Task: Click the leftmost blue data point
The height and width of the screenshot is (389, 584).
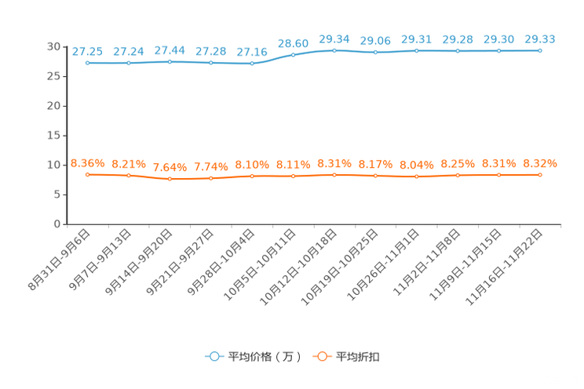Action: coord(88,63)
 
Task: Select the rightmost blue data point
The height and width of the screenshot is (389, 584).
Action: coord(540,50)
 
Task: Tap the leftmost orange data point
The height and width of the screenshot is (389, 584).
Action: coord(88,174)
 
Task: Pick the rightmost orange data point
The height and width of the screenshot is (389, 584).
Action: coord(540,174)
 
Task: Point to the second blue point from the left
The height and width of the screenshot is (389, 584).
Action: coord(129,63)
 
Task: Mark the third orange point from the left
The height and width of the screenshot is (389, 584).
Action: coord(170,179)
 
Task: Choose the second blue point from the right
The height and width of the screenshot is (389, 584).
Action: coord(499,51)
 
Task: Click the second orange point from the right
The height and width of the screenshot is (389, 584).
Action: coord(499,175)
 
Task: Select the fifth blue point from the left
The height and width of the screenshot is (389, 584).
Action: coord(252,64)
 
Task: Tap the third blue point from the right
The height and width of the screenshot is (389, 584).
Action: coord(458,51)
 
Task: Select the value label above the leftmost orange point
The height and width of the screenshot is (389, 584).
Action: coord(87,163)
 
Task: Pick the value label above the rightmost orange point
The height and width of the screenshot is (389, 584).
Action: coord(540,163)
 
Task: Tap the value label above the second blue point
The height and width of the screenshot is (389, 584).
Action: coord(129,52)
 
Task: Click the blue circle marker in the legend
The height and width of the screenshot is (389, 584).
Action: coord(213,356)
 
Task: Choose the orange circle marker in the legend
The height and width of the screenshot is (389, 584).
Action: coord(320,356)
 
